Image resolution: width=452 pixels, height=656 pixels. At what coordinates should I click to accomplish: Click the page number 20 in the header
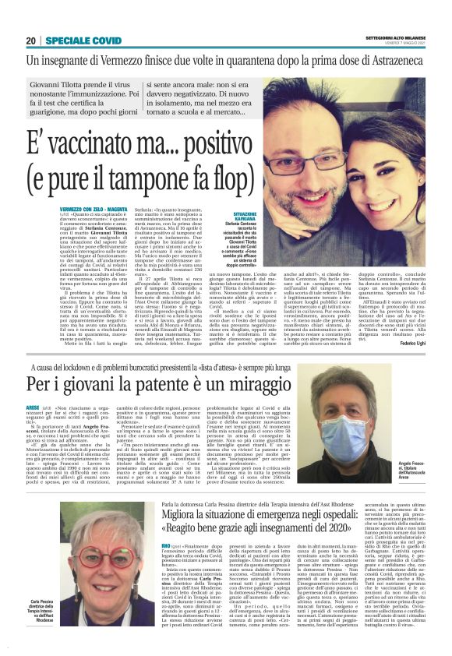pos(31,41)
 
